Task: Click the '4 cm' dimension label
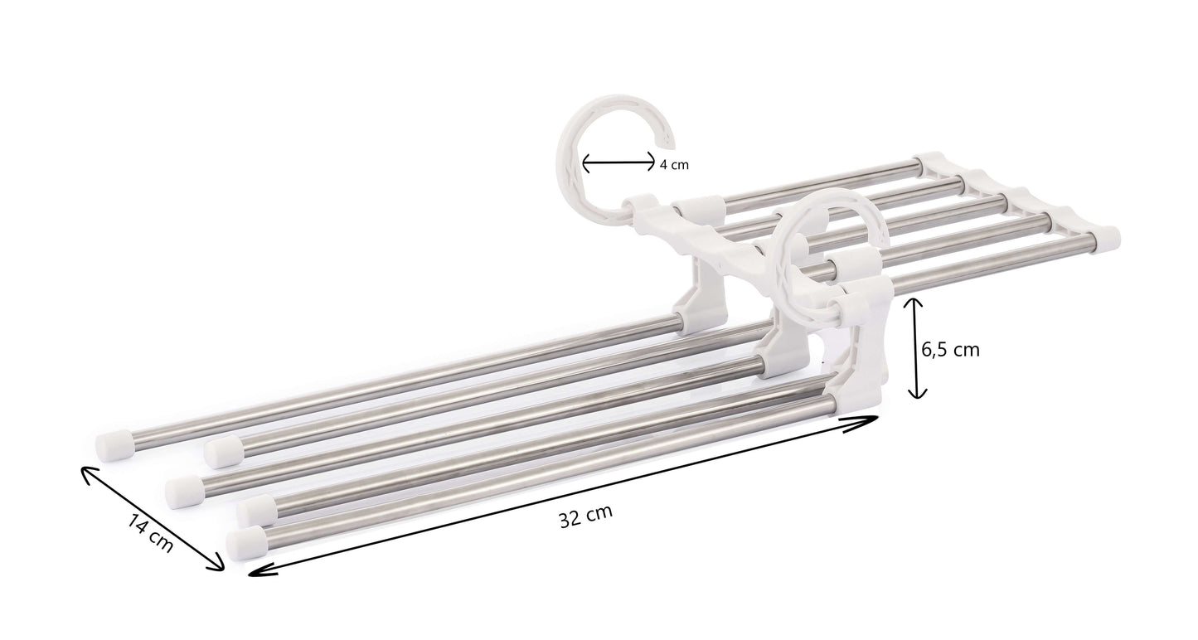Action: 674,165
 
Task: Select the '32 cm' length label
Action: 585,516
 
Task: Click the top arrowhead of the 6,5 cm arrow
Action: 914,303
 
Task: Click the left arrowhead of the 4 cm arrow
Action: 586,164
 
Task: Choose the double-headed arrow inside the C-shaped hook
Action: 618,164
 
